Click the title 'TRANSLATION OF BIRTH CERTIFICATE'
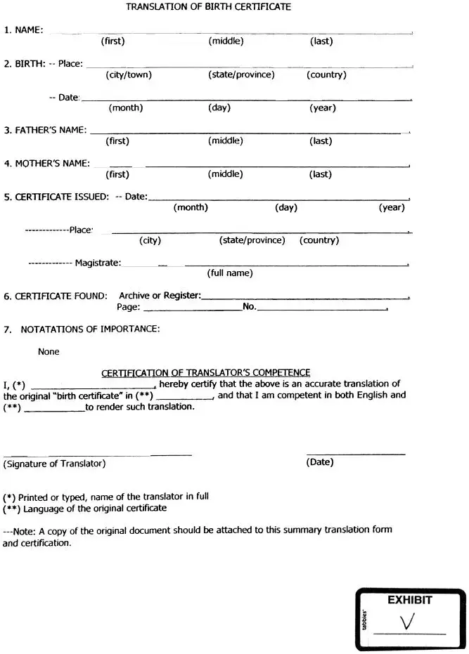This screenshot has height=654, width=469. (x=208, y=7)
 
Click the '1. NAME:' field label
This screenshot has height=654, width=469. (x=23, y=30)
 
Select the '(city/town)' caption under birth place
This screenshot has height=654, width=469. (x=129, y=74)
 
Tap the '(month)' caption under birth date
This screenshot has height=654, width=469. (x=125, y=107)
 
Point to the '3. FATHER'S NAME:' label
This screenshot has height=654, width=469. (x=45, y=130)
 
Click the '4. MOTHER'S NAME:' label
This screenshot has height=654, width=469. (x=46, y=164)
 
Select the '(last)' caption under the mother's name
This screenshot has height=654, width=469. (x=321, y=174)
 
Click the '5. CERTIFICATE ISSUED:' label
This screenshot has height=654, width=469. (x=56, y=197)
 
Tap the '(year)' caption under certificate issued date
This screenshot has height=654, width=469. (x=392, y=207)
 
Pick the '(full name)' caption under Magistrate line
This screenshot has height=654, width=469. (x=229, y=273)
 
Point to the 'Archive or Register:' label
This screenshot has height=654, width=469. (x=160, y=296)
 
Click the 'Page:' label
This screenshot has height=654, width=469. (x=128, y=307)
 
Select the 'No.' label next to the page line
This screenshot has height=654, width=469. (x=249, y=307)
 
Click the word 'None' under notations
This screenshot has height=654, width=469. (x=49, y=351)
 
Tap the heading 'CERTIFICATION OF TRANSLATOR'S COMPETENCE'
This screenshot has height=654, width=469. (x=206, y=373)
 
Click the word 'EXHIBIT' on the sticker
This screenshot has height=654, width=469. (x=409, y=601)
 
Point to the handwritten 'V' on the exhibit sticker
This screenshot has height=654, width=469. (x=406, y=622)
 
